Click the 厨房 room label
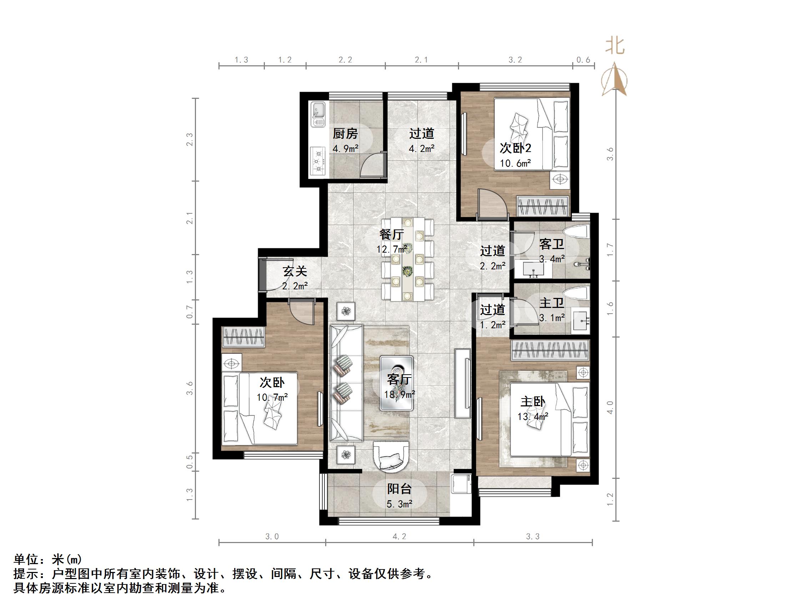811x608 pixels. click(345, 134)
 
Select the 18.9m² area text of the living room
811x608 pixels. click(399, 394)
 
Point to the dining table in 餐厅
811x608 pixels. click(407, 259)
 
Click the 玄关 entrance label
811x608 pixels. click(294, 271)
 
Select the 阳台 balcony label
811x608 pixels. click(399, 488)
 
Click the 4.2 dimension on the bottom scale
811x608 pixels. click(399, 537)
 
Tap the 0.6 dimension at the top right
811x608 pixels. click(583, 60)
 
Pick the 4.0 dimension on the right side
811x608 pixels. click(610, 407)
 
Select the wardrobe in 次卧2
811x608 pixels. click(543, 207)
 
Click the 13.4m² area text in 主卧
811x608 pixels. click(532, 416)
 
